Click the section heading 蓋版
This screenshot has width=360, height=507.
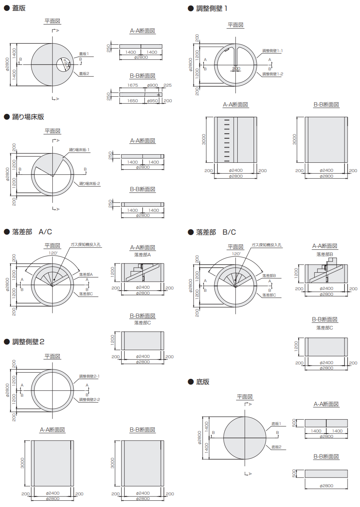(19, 8)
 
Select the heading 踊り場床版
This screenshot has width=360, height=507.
(28, 117)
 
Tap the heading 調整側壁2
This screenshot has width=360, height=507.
(28, 342)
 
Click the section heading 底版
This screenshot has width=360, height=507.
(203, 382)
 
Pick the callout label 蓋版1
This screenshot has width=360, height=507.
(84, 54)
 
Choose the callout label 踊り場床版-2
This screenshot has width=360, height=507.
(90, 183)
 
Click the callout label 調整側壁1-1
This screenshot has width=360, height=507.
(273, 51)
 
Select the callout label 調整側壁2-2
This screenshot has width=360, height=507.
(90, 399)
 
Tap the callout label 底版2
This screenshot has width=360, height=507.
(276, 447)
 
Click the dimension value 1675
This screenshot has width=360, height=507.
(133, 85)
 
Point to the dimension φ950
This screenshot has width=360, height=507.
(153, 101)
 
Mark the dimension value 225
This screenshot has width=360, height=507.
(167, 85)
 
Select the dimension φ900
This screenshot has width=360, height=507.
(153, 85)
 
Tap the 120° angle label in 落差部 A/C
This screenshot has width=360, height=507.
(53, 253)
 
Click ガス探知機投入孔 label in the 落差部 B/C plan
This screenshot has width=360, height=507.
(266, 245)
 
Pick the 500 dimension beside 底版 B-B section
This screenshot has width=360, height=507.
(294, 473)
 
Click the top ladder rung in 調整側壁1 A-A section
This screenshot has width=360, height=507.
(227, 120)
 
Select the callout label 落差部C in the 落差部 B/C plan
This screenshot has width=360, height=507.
(269, 295)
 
